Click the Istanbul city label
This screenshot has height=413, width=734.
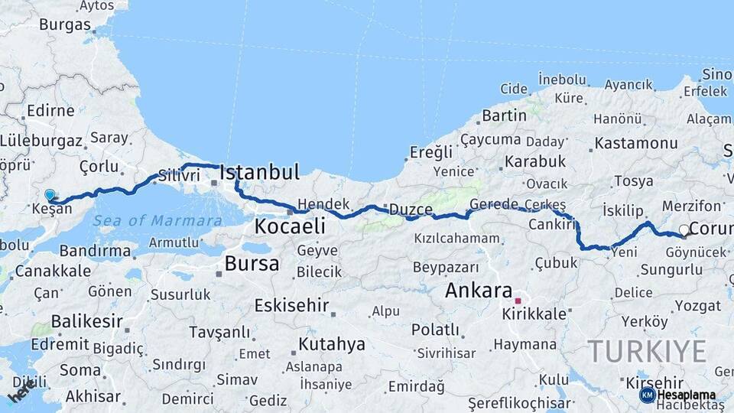click(259, 172)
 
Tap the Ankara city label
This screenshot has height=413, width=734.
click(478, 291)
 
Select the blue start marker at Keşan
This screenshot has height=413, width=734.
click(50, 195)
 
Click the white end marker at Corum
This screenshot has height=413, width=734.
click(684, 229)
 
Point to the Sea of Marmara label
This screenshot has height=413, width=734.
click(158, 221)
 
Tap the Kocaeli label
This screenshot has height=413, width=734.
click(290, 226)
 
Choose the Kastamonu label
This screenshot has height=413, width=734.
click(635, 144)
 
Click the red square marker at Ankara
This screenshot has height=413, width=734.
click(518, 301)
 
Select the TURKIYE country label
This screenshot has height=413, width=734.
click(647, 351)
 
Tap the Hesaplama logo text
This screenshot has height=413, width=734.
click(686, 395)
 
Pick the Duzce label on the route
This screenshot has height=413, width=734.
click(411, 209)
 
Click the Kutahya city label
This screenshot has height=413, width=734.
click(332, 344)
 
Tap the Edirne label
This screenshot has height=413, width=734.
click(50, 111)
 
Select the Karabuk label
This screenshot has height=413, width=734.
click(534, 161)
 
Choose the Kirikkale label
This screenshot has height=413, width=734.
click(534, 314)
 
